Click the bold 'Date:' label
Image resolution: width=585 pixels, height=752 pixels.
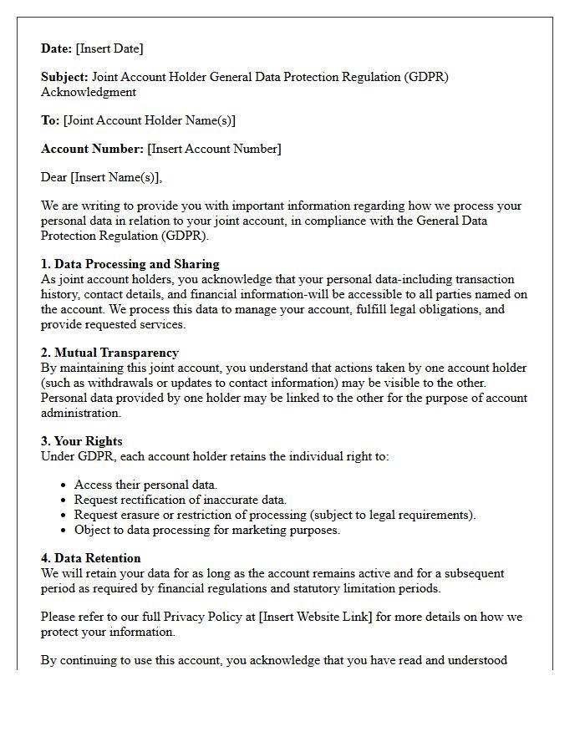[56, 48]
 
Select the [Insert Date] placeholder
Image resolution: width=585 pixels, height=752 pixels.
[109, 48]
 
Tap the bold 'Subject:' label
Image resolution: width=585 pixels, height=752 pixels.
[64, 77]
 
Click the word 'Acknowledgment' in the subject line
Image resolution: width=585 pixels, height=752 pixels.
[89, 92]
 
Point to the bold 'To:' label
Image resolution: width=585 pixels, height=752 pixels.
[50, 120]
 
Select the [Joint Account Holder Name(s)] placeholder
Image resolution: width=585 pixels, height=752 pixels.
[150, 120]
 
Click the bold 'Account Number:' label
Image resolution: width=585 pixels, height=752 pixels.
[92, 149]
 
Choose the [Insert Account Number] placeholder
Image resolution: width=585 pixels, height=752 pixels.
[214, 149]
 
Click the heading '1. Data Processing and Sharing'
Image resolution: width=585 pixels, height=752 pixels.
[130, 264]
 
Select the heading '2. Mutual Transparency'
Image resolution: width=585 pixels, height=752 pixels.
[109, 353]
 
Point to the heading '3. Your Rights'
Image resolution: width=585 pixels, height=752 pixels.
[82, 441]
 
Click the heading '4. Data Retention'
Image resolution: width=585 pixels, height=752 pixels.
[91, 558]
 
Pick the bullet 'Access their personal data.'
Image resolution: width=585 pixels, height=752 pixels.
[145, 485]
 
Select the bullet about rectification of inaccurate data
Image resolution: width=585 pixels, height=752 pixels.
[181, 500]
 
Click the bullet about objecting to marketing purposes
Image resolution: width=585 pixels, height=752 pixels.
[207, 530]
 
